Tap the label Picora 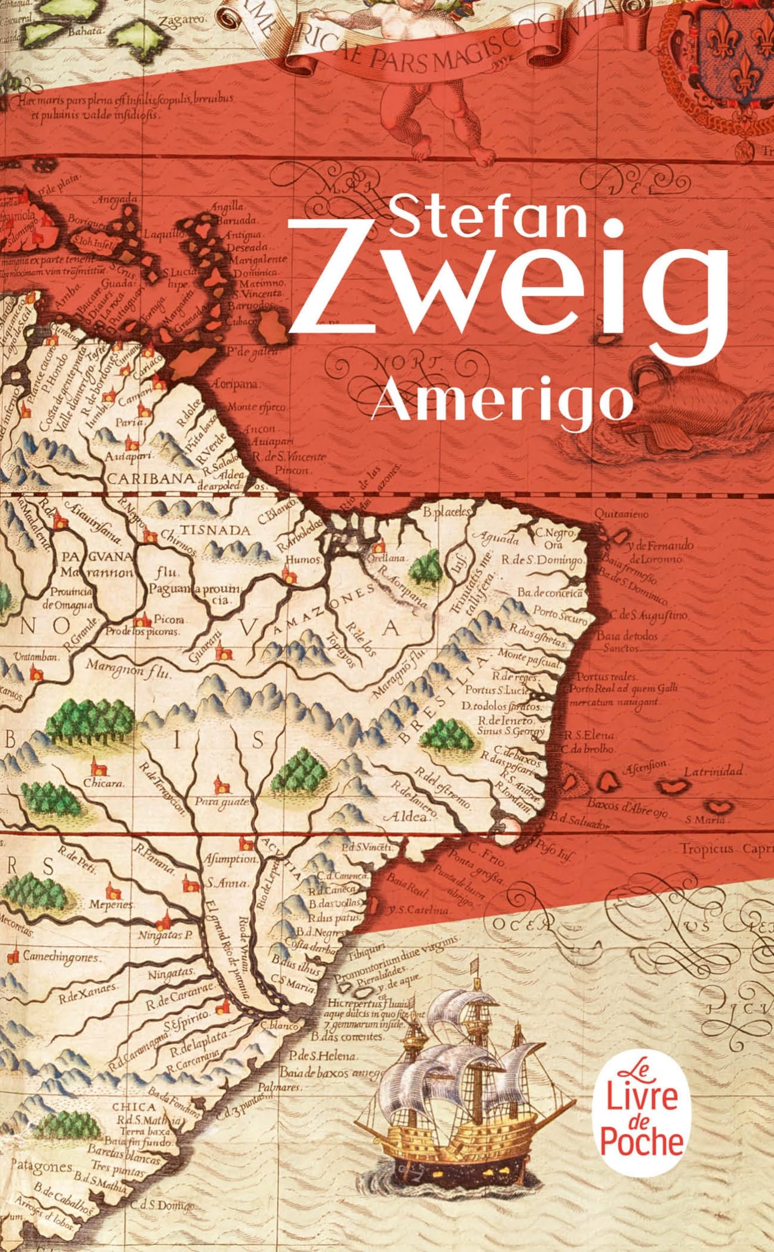tap(170, 619)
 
